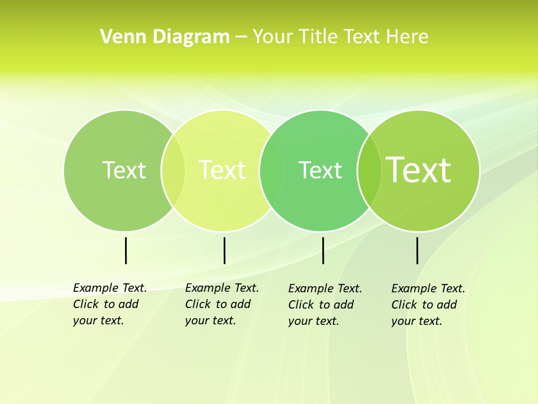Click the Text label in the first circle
tap(124, 169)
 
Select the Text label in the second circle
tap(222, 169)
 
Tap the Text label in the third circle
tap(320, 170)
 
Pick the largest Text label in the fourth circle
tap(419, 169)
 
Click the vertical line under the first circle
tap(126, 250)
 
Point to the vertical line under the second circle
tap(224, 250)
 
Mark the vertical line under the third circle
tap(323, 250)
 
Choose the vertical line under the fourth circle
tap(417, 250)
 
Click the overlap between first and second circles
tap(173, 170)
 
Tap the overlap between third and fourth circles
tap(369, 170)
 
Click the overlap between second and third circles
tap(271, 170)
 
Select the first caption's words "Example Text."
tap(110, 288)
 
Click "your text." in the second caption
tap(210, 320)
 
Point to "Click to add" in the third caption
tap(321, 305)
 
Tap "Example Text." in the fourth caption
tap(428, 288)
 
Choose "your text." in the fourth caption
tap(416, 321)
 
